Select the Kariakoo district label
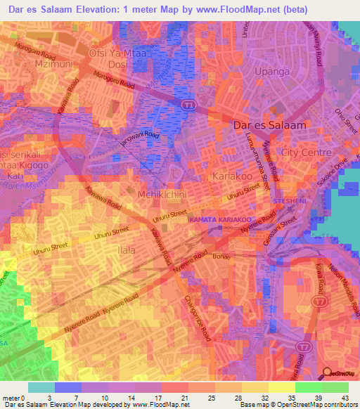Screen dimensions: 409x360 (x=233, y=175)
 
